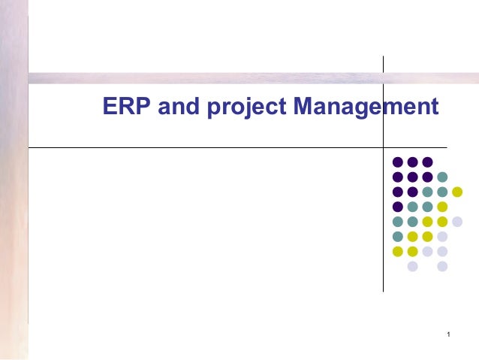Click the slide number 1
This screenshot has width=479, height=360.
tap(447, 334)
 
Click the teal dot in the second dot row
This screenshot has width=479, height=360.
tap(442, 177)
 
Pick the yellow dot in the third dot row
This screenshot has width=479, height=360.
tap(457, 192)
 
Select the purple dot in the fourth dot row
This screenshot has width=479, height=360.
tap(397, 207)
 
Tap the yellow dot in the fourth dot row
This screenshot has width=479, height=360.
tap(442, 207)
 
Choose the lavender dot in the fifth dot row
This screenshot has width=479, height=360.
tap(457, 222)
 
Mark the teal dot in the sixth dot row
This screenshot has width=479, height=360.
tap(397, 237)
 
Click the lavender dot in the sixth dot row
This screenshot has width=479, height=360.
tap(442, 237)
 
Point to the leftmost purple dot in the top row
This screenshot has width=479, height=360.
tap(397, 162)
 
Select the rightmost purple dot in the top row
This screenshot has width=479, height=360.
tap(427, 162)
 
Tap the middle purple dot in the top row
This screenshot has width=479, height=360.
tap(412, 162)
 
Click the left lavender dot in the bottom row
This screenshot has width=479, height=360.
tap(412, 266)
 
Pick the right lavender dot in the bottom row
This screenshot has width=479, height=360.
tap(442, 266)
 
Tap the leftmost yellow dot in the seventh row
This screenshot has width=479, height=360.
tap(397, 251)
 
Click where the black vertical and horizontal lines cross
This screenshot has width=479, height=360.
tap(383, 148)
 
